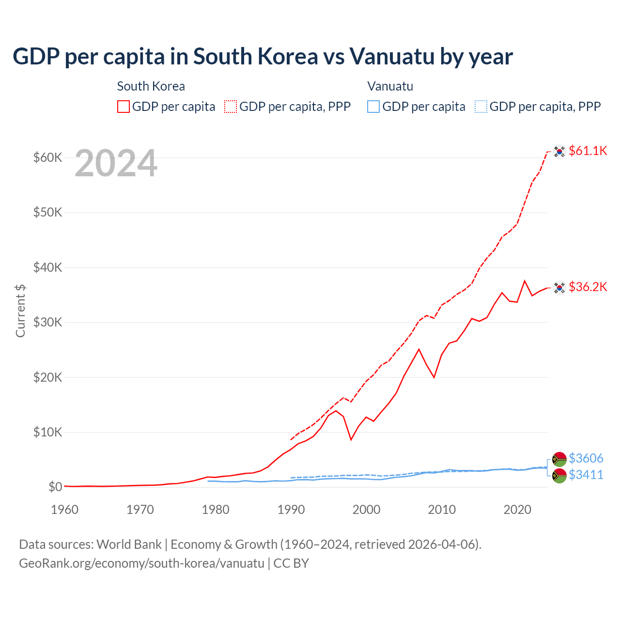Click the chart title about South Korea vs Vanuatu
point(263,57)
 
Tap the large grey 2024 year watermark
point(116,164)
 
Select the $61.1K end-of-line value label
point(588,151)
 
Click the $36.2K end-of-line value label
point(588,287)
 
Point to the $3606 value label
point(586,458)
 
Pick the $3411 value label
point(586,475)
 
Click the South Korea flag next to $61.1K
point(559,152)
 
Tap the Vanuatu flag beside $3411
point(559,476)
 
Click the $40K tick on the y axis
point(47,267)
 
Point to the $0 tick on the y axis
point(55,487)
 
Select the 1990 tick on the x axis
point(291,510)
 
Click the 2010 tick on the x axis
point(442,510)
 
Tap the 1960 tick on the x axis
point(65,510)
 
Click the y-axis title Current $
point(20,310)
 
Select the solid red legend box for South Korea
point(124,107)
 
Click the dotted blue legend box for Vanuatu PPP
point(481,107)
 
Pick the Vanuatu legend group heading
point(390,86)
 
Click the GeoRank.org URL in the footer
point(141,563)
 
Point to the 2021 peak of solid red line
point(525,280)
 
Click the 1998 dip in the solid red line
point(351,440)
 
